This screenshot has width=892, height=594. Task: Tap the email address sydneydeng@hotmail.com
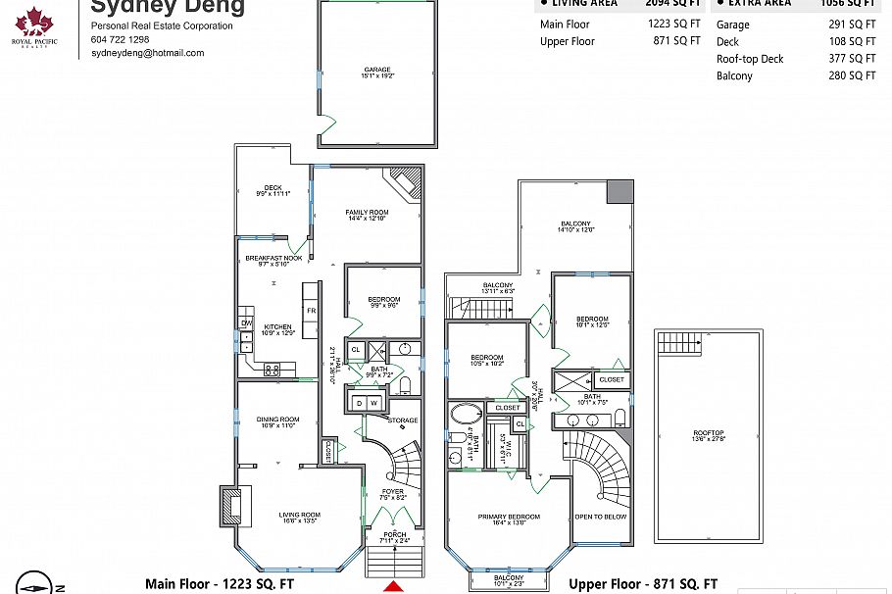147,53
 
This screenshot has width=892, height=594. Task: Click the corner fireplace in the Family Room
405,182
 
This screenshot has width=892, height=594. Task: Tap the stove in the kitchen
273,369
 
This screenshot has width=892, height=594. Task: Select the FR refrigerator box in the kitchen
311,311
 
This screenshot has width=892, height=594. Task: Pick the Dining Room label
277,419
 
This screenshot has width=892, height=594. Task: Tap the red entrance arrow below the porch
392,587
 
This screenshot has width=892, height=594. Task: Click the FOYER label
392,491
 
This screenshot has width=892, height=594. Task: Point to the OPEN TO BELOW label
601,517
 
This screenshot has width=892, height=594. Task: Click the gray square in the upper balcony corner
619,192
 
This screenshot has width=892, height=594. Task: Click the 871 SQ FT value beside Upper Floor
676,41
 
